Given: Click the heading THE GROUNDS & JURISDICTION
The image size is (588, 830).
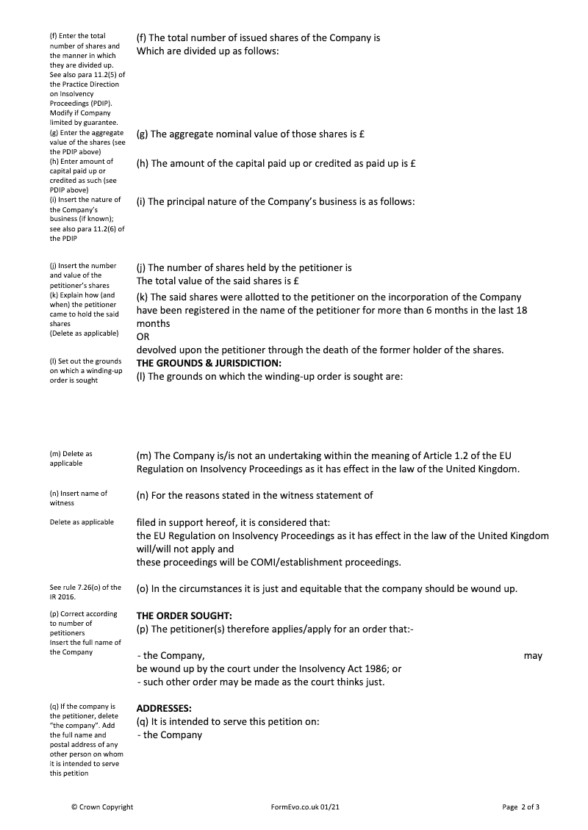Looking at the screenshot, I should point(209,364).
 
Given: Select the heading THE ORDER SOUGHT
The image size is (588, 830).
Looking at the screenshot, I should point(184,616).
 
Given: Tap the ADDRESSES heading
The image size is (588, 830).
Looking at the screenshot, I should point(164,708).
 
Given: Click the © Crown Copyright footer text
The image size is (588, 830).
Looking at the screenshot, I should point(102,807).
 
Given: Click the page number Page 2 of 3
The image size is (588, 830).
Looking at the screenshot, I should point(521,807).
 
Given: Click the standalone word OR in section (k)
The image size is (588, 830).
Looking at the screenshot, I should point(143,336).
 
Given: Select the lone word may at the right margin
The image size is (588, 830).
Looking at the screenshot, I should point(533,656).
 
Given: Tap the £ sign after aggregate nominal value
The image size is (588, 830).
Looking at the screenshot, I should point(364,134).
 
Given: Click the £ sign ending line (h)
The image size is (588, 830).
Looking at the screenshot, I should point(413,164).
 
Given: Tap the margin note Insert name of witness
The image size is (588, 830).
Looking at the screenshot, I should point(79,498).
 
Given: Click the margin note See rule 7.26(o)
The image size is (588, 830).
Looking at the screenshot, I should point(85,592).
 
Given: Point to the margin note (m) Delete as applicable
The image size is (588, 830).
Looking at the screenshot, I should point(71,458).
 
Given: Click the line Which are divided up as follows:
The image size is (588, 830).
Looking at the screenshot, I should point(208,51).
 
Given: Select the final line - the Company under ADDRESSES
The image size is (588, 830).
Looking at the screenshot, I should point(169,735).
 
